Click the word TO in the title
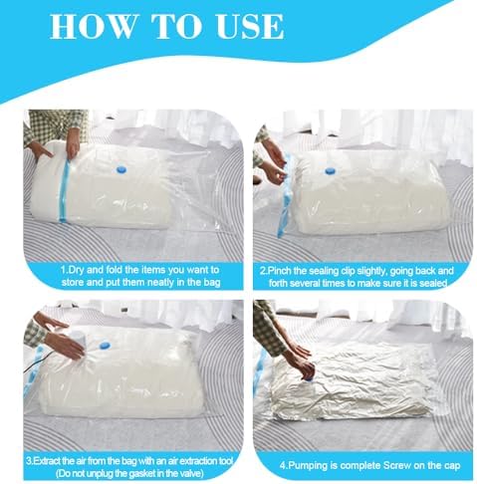(x=176, y=26)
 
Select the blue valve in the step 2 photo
(x=331, y=171)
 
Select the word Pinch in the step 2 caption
(x=280, y=271)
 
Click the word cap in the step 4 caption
(x=452, y=466)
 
